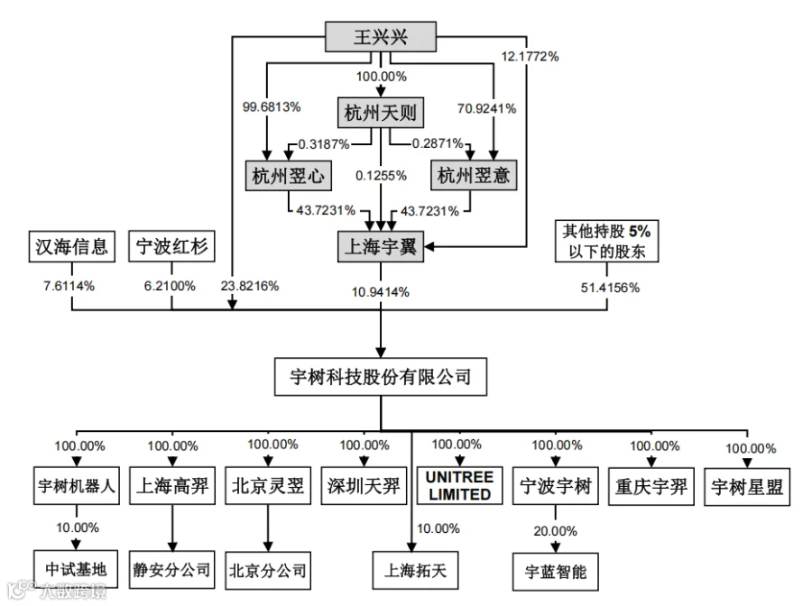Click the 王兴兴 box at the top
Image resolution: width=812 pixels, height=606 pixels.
pos(381,37)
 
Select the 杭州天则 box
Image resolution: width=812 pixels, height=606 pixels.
pos(381,113)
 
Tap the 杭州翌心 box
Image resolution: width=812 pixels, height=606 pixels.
pos(289,176)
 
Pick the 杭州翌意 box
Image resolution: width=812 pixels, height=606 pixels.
pos(474,175)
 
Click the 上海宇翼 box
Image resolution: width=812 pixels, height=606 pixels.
pos(381,246)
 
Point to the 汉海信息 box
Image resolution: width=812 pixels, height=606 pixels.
pos(71,246)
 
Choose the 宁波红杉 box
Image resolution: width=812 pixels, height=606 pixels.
pos(171,246)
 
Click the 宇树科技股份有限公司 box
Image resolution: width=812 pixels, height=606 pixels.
pos(381,377)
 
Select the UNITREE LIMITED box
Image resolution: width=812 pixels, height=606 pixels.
pos(460,485)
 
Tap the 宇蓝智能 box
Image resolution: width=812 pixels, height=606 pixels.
pos(556,572)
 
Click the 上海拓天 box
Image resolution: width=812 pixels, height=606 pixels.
pos(415,570)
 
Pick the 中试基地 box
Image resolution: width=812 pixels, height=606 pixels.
pos(76,569)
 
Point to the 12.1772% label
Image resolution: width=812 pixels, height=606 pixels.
pos(530,57)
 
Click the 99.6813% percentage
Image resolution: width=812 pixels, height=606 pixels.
pos(272,107)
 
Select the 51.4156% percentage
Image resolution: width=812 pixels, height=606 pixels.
pos(610,288)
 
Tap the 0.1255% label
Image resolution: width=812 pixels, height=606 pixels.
pos(381,176)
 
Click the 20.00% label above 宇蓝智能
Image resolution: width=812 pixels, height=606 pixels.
pos(555,531)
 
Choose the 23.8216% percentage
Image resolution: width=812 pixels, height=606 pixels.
pos(250,286)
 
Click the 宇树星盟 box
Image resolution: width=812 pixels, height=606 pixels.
pos(747,487)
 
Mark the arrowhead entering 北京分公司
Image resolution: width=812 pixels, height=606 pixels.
pos(268,546)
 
